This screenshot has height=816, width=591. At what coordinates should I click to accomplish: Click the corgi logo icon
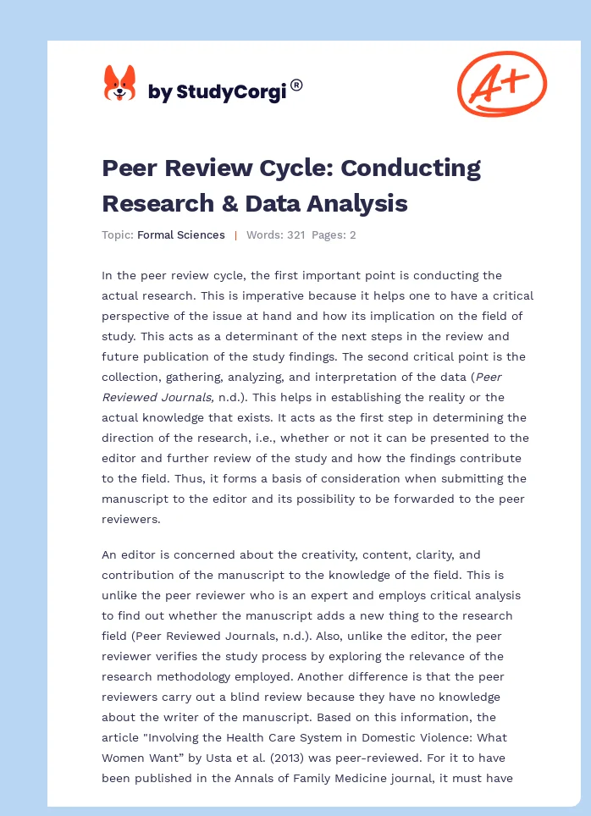(x=119, y=83)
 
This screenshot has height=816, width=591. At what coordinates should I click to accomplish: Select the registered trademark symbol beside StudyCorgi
(x=296, y=85)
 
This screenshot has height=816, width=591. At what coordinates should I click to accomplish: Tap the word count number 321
(x=295, y=235)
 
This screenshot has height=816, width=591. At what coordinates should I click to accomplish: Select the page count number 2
(x=352, y=235)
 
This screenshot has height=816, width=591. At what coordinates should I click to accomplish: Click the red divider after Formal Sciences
(x=235, y=235)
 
